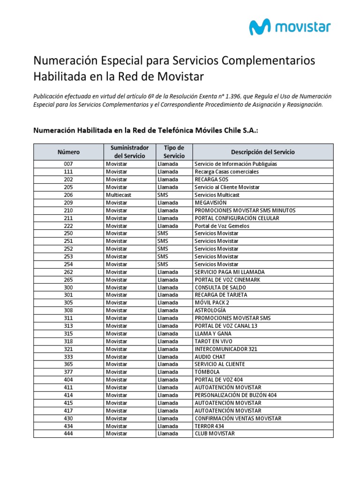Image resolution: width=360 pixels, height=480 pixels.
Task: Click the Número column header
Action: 68,152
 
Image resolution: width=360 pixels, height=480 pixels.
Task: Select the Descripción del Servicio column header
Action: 263,152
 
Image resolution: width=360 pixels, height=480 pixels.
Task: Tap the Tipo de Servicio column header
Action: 174,152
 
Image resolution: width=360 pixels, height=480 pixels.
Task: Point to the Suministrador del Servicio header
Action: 129,152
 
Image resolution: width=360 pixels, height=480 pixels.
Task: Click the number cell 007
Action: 68,164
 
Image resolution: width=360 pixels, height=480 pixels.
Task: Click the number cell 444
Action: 68,434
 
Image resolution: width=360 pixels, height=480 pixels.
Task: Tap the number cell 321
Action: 68,349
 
